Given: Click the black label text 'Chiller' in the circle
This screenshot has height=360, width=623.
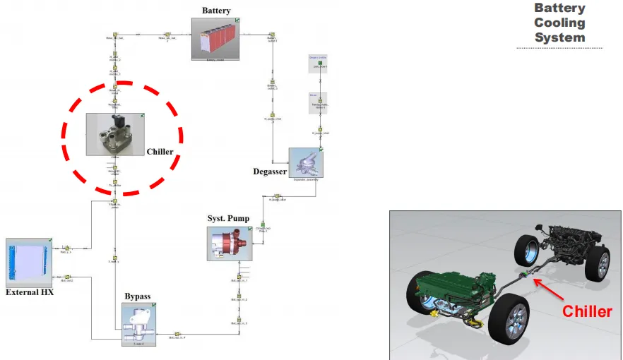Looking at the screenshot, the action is [x=160, y=152].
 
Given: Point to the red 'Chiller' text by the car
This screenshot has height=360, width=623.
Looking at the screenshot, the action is [x=586, y=311].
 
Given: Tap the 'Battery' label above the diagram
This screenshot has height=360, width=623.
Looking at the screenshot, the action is [x=216, y=11].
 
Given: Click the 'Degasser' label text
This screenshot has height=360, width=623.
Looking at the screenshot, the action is [x=270, y=172].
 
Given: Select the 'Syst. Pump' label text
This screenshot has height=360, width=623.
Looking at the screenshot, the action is [x=227, y=218].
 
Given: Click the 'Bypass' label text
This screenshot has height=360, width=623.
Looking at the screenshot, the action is [x=137, y=296].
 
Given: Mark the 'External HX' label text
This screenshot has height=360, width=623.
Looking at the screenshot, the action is [x=30, y=292].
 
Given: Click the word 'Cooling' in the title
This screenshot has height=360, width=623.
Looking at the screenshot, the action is [x=559, y=23].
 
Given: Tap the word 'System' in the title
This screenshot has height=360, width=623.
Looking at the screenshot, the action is [x=559, y=37].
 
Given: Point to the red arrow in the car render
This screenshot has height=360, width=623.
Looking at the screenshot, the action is [x=554, y=288].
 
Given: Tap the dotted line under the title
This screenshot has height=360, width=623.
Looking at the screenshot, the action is [x=559, y=48].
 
